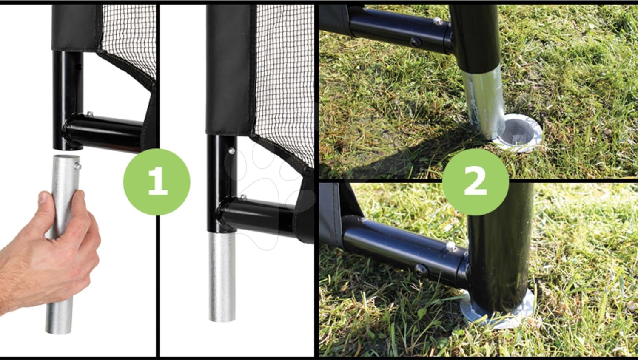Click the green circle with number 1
pyautogui.click(x=157, y=182)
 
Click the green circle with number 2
pyautogui.click(x=476, y=182)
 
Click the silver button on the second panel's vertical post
pyautogui.click(x=232, y=151)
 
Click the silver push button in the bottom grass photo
pyautogui.click(x=450, y=246)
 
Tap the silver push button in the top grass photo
pyautogui.click(x=438, y=21)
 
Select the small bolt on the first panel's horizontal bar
pyautogui.click(x=90, y=114)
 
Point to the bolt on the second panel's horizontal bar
pyautogui.click(x=243, y=197)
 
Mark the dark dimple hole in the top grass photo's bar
pyautogui.click(x=414, y=42)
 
